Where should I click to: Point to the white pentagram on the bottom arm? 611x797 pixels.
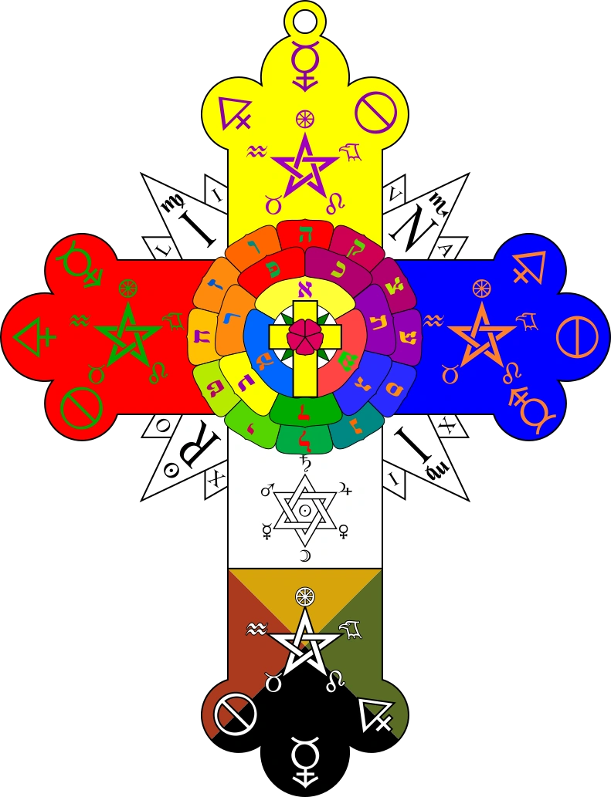304,642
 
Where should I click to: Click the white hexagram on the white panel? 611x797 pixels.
304,510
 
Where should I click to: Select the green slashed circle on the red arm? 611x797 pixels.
80,407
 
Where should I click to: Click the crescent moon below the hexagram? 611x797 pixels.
304,556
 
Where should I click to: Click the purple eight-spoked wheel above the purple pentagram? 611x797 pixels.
305,119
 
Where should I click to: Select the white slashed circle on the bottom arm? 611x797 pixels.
235,714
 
